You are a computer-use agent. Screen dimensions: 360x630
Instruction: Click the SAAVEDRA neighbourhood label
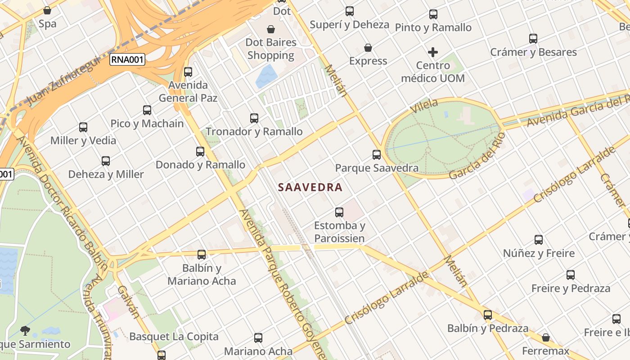click(310, 187)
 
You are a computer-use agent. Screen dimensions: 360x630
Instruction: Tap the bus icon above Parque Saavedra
click(377, 155)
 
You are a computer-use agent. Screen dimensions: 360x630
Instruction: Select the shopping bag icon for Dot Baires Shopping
click(271, 29)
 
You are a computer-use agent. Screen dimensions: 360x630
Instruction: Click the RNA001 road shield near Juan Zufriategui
click(128, 59)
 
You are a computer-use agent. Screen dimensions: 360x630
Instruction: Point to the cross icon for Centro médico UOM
click(433, 52)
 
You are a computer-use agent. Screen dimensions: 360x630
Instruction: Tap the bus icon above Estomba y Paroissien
click(339, 212)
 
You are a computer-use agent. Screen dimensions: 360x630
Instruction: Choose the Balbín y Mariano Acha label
click(202, 274)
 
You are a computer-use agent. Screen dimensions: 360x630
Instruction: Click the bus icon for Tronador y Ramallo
click(254, 118)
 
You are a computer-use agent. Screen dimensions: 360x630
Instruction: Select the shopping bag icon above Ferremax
click(546, 337)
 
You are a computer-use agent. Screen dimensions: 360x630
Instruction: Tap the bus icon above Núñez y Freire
click(539, 239)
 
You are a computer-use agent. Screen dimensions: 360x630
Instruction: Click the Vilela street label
click(424, 106)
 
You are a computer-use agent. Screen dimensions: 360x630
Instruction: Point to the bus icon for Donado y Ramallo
click(200, 152)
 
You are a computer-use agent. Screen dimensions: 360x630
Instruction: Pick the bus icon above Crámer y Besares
click(533, 39)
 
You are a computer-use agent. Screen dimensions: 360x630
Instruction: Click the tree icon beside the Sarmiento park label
click(25, 331)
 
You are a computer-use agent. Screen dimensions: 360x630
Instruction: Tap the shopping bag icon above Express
click(368, 48)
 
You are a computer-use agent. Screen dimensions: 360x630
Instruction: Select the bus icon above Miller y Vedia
click(83, 127)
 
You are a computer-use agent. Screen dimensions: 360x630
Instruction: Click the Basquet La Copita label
click(174, 337)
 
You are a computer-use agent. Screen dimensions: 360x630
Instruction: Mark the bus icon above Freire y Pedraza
click(571, 274)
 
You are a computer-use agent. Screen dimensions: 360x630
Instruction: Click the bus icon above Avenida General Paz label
click(188, 72)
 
